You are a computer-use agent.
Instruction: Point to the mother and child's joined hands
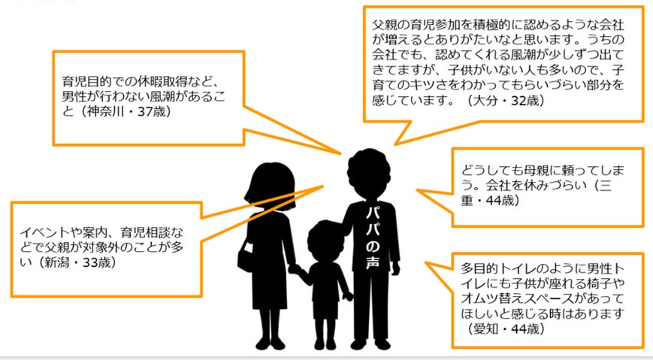click(295, 270)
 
